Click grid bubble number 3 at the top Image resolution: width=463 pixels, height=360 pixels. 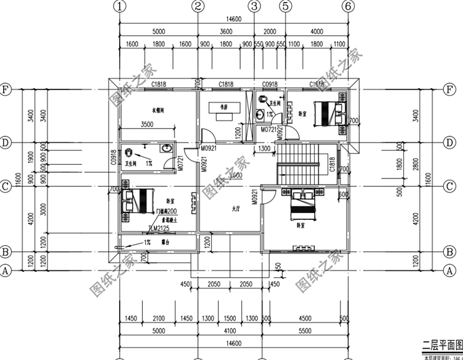pyautogui.click(x=254, y=7)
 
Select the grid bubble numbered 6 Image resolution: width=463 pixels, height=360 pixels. pyautogui.click(x=349, y=7)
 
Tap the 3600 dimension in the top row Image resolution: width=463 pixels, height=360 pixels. pyautogui.click(x=225, y=31)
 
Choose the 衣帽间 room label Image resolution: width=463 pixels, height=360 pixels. pyautogui.click(x=146, y=109)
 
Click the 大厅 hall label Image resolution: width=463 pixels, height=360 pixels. pyautogui.click(x=236, y=209)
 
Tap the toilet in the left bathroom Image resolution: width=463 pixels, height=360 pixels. pyautogui.click(x=128, y=151)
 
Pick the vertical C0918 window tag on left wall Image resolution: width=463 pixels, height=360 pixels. pyautogui.click(x=113, y=158)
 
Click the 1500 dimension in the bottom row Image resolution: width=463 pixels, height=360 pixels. pyautogui.click(x=230, y=318)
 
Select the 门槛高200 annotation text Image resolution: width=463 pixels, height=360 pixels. pyautogui.click(x=166, y=211)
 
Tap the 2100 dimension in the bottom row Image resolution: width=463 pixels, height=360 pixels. pyautogui.click(x=158, y=318)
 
